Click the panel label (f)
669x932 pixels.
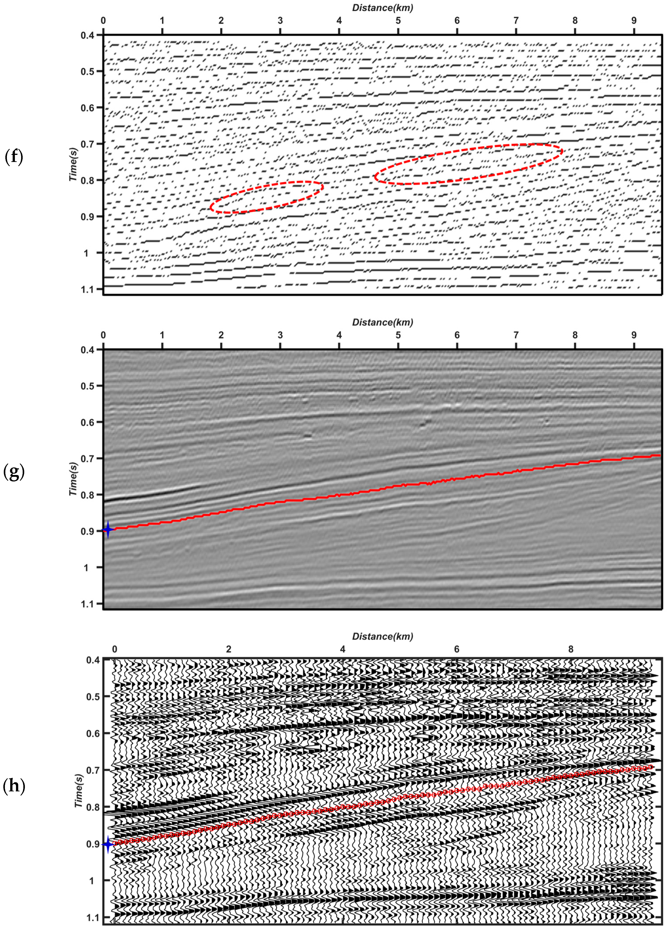tap(14, 157)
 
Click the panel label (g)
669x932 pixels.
tap(14, 472)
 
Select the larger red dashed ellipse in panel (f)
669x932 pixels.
tap(468, 164)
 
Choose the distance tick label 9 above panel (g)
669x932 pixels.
tap(634, 335)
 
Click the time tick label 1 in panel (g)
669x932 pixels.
tap(86, 567)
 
